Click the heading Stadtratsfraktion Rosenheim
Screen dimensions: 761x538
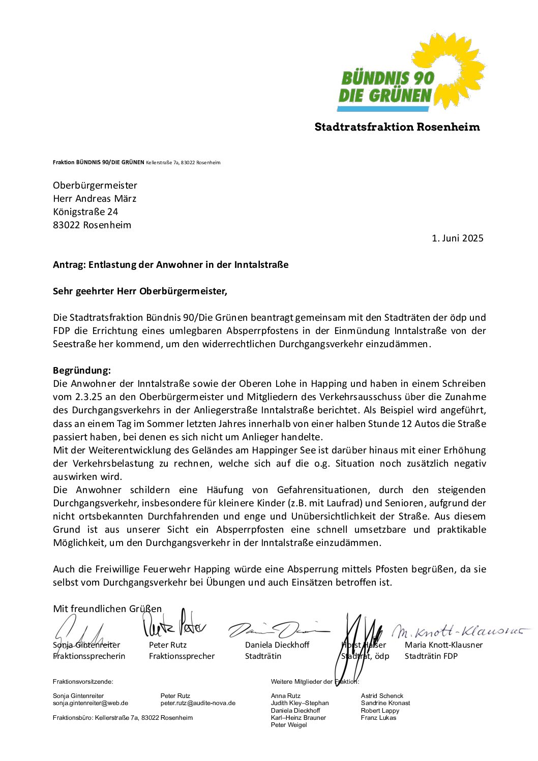pyautogui.click(x=397, y=127)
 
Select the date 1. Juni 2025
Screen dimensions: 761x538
pyautogui.click(x=457, y=238)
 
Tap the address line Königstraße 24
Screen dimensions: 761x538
pyautogui.click(x=85, y=212)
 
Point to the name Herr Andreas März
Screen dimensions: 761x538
pyautogui.click(x=95, y=199)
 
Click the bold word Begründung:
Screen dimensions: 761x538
pyautogui.click(x=82, y=371)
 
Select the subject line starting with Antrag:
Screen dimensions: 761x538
pyautogui.click(x=170, y=265)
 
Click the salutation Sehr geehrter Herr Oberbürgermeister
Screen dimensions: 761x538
pyautogui.click(x=140, y=291)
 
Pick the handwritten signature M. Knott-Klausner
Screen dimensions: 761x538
pyautogui.click(x=460, y=632)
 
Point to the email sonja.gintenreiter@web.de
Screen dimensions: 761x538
pyautogui.click(x=91, y=703)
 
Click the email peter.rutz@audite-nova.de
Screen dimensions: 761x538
pyautogui.click(x=198, y=703)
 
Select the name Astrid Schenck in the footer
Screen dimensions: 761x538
pyautogui.click(x=382, y=696)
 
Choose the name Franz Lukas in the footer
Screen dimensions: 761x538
pyautogui.click(x=378, y=718)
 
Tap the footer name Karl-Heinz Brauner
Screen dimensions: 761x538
pyautogui.click(x=298, y=718)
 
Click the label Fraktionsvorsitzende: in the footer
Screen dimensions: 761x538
pyautogui.click(x=83, y=682)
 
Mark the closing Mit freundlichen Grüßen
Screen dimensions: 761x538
pyautogui.click(x=107, y=609)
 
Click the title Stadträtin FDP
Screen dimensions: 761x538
pyautogui.click(x=431, y=656)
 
